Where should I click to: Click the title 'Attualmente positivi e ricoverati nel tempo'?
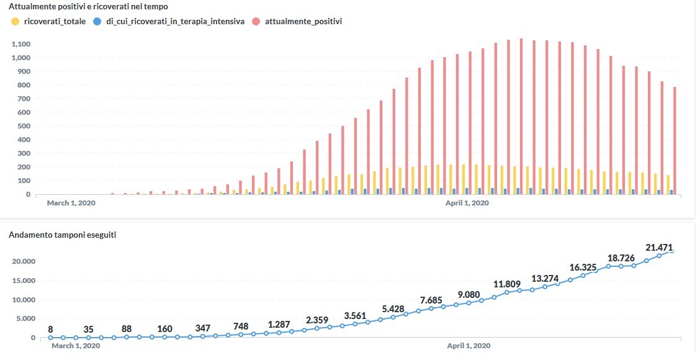click(88, 6)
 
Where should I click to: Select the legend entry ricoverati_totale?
click(54, 21)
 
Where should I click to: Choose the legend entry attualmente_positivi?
click(303, 21)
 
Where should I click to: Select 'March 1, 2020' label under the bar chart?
click(71, 203)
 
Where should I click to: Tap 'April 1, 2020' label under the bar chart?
click(467, 203)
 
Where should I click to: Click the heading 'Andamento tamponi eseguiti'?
click(63, 235)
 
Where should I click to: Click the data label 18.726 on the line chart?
click(621, 258)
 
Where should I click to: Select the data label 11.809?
click(506, 284)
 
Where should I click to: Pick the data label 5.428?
click(393, 308)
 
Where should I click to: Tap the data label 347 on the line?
click(202, 327)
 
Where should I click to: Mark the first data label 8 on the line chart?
click(50, 330)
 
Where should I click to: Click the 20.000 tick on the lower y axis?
click(24, 261)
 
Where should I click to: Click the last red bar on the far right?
click(674, 140)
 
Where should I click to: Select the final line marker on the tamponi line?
click(672, 251)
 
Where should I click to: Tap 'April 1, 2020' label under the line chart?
click(469, 346)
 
